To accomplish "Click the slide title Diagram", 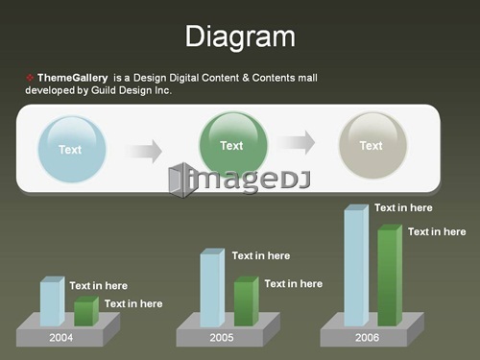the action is coord(240,37).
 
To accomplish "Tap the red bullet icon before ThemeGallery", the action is coord(30,78).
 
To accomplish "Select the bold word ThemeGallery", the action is coord(73,78).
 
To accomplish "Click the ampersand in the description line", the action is coord(246,78).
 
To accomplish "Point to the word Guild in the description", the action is coord(103,90).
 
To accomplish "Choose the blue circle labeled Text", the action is coord(72,149).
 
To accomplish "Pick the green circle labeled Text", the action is coord(233,145).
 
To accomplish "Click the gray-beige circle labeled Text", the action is coord(372,145).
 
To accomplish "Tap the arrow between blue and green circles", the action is coord(143,151).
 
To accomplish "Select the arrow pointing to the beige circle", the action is coord(296,142).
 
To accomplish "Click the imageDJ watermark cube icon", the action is coord(181,180).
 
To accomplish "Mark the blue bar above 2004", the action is coord(52,301).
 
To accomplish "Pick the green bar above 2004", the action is coord(86,311).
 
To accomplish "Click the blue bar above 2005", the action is coord(212,287).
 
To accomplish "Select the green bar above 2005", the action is coord(247,301).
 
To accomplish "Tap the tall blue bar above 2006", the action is coord(356,265).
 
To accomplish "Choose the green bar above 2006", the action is coord(390,276).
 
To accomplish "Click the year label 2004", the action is coord(61,338).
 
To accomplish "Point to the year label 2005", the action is coord(222,338).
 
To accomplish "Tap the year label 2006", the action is coord(367,338).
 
